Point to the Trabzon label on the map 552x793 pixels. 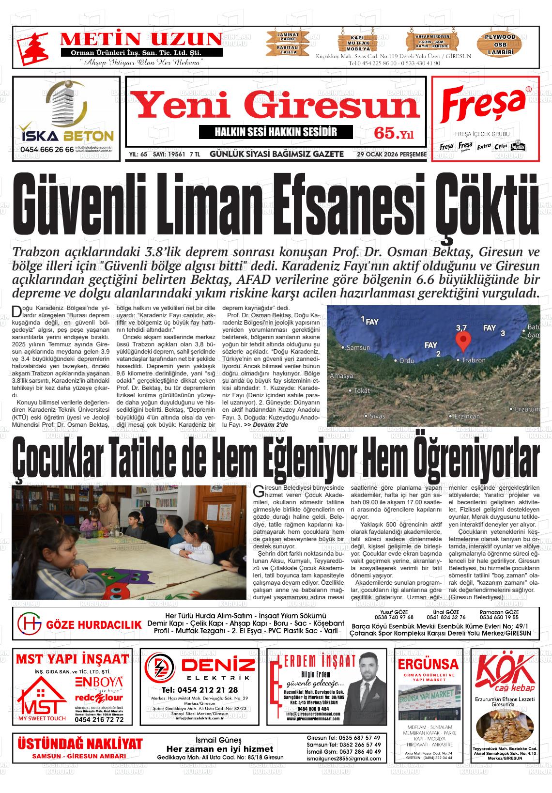[473, 360]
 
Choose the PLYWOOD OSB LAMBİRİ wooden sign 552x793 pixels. [500, 44]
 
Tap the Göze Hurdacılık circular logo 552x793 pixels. [29, 624]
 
